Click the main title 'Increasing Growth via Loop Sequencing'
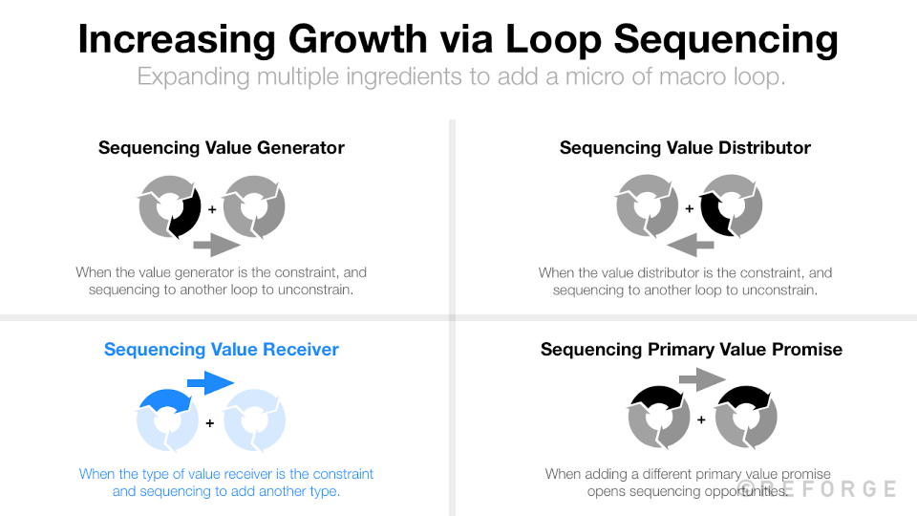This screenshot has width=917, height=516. pos(458,39)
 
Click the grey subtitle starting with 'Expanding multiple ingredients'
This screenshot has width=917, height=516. pos(461,76)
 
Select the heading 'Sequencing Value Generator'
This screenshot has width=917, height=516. pos(222,148)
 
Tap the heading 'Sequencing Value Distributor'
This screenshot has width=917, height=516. pos(685,148)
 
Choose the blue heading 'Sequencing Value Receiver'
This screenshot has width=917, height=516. pos(222,350)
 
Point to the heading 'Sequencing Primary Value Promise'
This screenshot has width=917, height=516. pos(692,350)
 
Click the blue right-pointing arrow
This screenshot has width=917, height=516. pos(210,383)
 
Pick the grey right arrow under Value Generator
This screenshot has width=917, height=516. pos(216,246)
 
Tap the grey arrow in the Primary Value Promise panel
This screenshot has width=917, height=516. pos(702,381)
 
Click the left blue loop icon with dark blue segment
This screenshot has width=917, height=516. pos(168,420)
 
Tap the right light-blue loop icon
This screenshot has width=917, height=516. pos(254,420)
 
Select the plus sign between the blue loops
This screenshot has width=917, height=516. pos(210,421)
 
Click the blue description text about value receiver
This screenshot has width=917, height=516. pos(226,483)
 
